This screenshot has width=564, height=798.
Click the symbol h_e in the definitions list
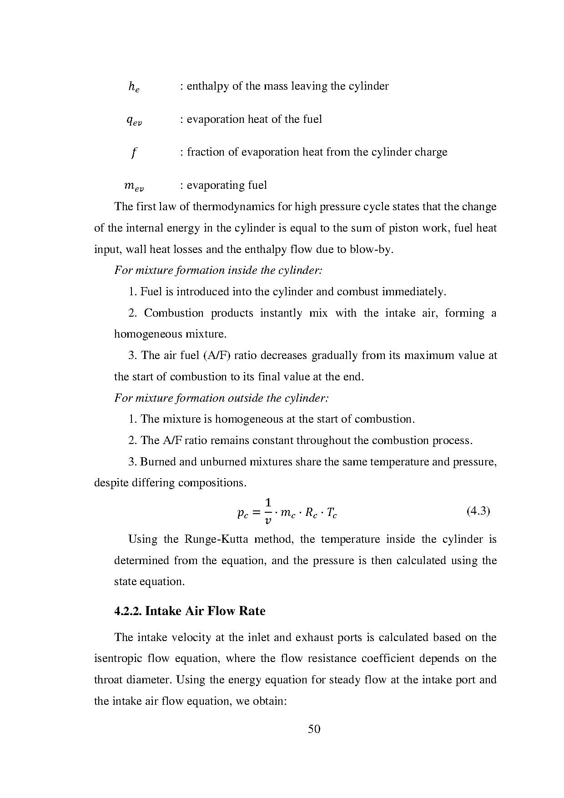click(133, 87)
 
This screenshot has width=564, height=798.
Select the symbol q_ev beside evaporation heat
click(134, 121)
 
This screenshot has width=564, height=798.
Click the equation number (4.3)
click(478, 511)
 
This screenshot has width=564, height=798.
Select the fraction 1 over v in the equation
click(268, 511)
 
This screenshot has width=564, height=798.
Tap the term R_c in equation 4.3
click(311, 513)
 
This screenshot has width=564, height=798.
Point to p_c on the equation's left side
click(242, 513)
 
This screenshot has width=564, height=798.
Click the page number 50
click(314, 729)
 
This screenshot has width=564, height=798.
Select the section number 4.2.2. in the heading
click(128, 611)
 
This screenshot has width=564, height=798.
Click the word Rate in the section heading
click(252, 611)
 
